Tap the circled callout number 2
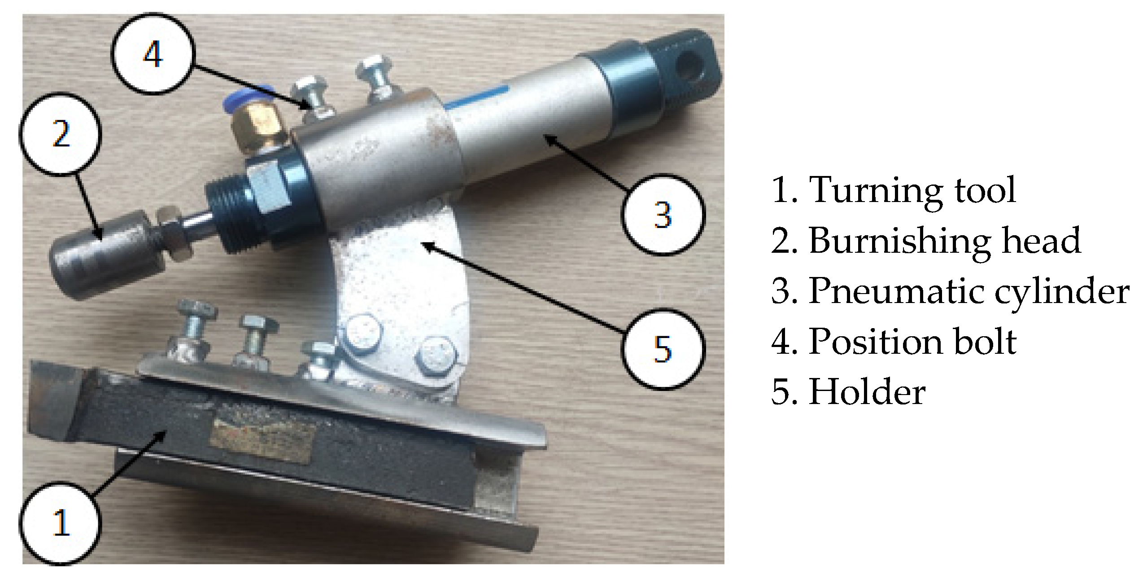pos(60,134)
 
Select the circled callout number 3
pos(663,215)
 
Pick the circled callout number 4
pos(153,54)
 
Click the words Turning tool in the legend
pos(912,190)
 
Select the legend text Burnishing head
pos(945,241)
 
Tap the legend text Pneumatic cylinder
pos(969,291)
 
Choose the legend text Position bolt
pos(912,342)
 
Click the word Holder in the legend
pos(867,392)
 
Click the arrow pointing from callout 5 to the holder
pos(523,288)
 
